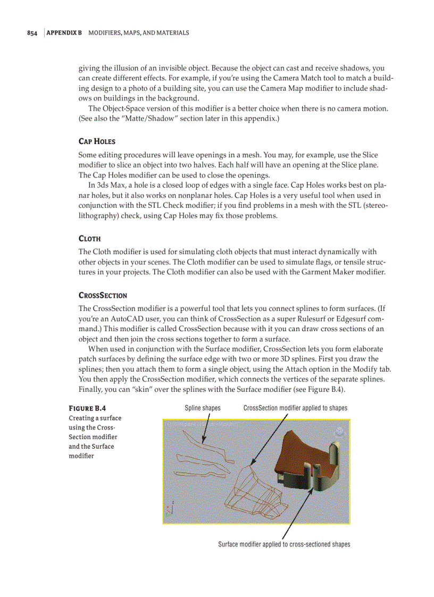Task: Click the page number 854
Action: tap(32, 33)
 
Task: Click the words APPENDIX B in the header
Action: tap(64, 33)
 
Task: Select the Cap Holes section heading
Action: tap(96, 141)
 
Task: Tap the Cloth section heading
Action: tap(89, 239)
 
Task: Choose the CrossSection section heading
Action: tap(103, 295)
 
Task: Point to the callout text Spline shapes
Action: tap(202, 408)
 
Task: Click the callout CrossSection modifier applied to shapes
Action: tap(295, 408)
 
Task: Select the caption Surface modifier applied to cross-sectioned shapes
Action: tap(284, 544)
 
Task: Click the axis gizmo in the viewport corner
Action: tap(170, 509)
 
